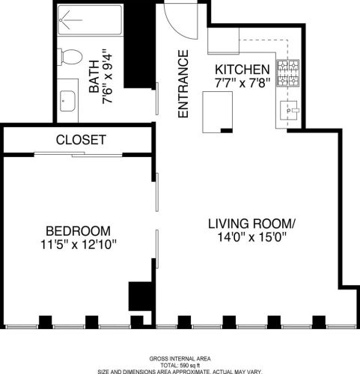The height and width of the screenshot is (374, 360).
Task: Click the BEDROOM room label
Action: click(77, 230)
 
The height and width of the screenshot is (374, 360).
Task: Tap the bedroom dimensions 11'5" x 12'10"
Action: click(77, 244)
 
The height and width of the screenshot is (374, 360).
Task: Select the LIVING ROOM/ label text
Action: click(252, 224)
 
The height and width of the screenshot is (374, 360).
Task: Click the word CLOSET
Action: click(81, 140)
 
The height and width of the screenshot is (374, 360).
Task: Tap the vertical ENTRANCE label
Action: click(182, 84)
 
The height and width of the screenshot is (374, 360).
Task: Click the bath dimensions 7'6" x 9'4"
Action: click(108, 76)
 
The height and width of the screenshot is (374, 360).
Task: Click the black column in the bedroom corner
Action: click(138, 296)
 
